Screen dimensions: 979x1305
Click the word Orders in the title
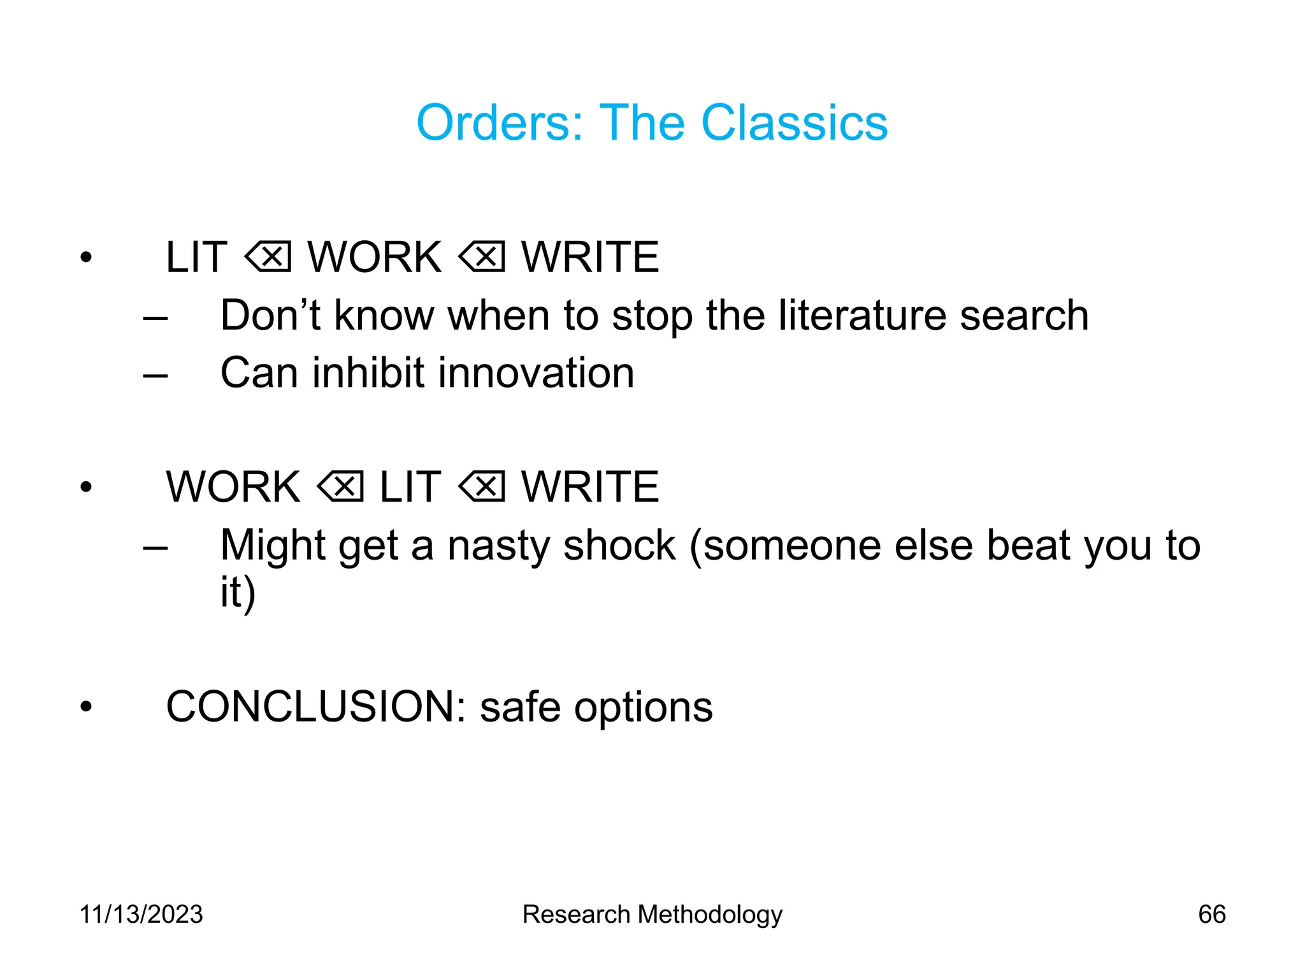click(499, 122)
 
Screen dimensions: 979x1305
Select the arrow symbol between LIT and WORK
click(268, 257)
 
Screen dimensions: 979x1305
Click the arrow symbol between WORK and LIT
click(341, 488)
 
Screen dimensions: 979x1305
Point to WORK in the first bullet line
click(375, 257)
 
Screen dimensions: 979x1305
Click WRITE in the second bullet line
click(590, 488)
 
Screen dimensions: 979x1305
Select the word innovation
click(537, 373)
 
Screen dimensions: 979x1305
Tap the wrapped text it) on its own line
click(238, 593)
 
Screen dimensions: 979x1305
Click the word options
click(643, 708)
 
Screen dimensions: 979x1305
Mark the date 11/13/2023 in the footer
click(141, 915)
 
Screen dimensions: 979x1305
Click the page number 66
click(1211, 915)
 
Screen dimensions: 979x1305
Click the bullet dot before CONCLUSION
click(86, 707)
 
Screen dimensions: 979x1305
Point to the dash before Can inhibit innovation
click(155, 375)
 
